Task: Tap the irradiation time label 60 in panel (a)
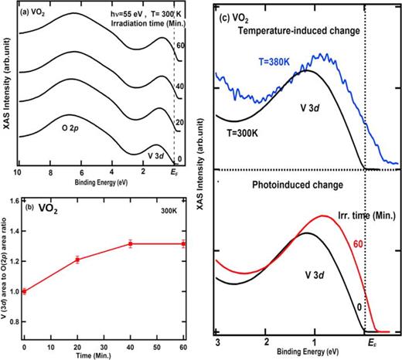[180, 46]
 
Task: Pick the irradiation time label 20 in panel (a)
[180, 123]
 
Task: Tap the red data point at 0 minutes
[24, 290]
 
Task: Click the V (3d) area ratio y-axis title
[5, 264]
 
